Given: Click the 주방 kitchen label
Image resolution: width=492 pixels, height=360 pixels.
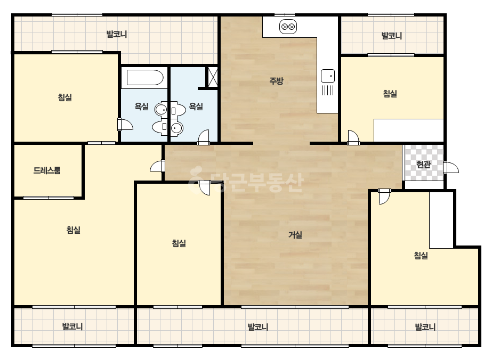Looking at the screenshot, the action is tap(276, 81).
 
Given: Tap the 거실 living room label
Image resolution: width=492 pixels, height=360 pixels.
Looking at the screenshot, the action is tap(295, 234).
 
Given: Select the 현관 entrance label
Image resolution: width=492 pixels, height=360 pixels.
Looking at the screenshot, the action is tap(423, 164).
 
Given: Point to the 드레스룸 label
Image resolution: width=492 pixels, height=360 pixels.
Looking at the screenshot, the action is tap(47, 170).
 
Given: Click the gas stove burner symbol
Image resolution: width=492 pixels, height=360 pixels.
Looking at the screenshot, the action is tap(288, 27).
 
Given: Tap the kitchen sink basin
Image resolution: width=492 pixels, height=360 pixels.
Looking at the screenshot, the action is tap(328, 76).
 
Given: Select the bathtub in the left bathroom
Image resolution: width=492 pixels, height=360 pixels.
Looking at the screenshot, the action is tap(145, 77).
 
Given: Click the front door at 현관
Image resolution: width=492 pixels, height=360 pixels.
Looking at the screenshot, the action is tap(451, 167).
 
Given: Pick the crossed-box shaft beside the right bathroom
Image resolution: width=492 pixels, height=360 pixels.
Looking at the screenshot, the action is tap(213, 77).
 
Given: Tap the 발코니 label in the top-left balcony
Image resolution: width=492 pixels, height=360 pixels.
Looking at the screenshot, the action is tap(117, 34).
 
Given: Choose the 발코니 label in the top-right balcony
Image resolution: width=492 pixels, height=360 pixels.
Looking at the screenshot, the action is tap(391, 36).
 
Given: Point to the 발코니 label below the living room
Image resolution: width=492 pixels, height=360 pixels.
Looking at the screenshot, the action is tap(257, 327).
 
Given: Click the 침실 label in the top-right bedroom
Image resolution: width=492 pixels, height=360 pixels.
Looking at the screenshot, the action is tap(390, 93).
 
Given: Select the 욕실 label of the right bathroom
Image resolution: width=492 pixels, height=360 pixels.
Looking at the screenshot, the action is tap(196, 107).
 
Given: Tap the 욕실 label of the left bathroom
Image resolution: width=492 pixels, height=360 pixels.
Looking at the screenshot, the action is tap(141, 107).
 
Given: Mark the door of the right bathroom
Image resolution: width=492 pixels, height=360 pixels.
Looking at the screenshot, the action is tap(203, 138).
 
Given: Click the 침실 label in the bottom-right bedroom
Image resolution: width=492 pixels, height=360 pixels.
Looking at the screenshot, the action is tap(421, 256).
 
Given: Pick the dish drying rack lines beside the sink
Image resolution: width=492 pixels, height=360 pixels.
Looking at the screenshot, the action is tap(328, 91).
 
